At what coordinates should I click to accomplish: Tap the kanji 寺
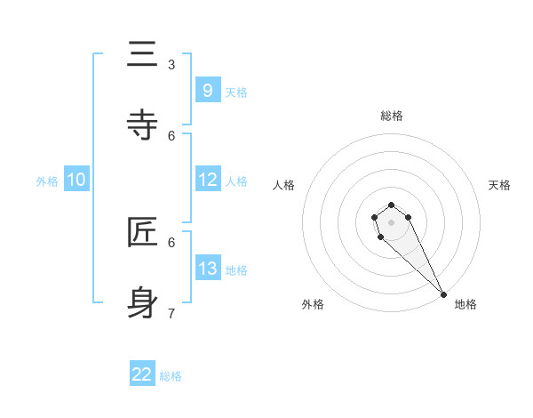point(142,125)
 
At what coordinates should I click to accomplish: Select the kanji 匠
point(142,233)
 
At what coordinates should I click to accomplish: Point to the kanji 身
point(142,303)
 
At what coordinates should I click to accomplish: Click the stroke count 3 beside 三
point(171,64)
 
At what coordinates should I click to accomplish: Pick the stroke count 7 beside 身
point(171,313)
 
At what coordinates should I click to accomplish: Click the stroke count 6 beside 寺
point(171,135)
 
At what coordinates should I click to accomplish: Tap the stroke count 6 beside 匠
point(171,242)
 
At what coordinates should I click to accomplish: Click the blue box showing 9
point(207,90)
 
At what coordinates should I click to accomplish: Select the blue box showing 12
point(208,180)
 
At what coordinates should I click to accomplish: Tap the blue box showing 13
point(208,269)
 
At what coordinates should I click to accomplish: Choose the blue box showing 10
point(76,180)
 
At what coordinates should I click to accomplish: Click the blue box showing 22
point(142,374)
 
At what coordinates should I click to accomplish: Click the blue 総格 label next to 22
point(171,376)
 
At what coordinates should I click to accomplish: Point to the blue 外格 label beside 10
point(47,181)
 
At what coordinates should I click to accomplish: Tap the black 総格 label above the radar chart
point(392,116)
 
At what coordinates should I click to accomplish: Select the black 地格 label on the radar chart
point(465,304)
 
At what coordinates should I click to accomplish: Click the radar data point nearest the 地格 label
point(443,293)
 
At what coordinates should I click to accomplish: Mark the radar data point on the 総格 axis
point(391,205)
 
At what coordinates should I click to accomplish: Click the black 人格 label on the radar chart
point(283,185)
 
